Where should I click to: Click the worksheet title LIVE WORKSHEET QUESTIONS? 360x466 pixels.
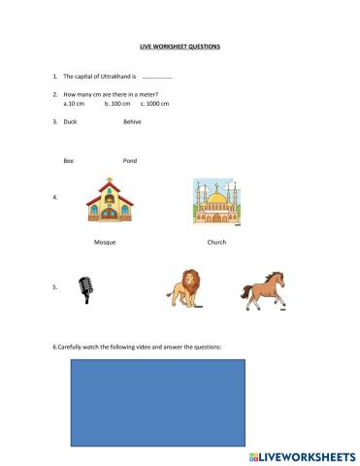[180, 46]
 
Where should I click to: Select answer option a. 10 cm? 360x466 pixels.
[75, 102]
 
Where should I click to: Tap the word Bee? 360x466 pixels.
[68, 159]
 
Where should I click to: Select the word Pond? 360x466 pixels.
[130, 159]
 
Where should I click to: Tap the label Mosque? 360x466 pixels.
[105, 242]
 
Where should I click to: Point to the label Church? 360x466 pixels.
[216, 242]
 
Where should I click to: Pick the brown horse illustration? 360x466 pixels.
[262, 288]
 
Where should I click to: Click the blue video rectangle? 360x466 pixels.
[155, 400]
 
